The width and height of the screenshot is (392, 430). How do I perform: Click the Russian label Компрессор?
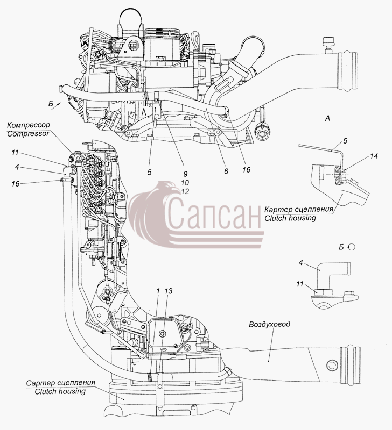(x=29, y=125)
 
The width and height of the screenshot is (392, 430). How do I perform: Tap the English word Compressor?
(x=29, y=133)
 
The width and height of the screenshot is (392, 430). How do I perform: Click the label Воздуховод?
(x=269, y=325)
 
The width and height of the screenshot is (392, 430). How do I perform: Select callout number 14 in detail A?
(x=374, y=156)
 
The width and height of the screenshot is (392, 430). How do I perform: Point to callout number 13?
(x=169, y=291)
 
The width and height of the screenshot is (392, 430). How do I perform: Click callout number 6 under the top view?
(x=226, y=171)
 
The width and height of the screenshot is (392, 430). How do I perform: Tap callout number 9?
(x=185, y=174)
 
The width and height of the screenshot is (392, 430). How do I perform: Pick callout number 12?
(x=185, y=191)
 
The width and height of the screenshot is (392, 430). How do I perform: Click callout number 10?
(x=185, y=183)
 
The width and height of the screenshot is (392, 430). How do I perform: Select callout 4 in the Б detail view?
(x=301, y=262)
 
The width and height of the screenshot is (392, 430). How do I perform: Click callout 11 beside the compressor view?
(x=15, y=153)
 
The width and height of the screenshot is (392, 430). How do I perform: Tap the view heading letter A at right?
(x=327, y=118)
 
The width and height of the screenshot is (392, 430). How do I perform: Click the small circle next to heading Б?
(x=351, y=247)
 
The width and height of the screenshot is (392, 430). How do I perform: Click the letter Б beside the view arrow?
(x=51, y=104)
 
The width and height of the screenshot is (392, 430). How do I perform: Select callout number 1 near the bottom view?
(x=158, y=291)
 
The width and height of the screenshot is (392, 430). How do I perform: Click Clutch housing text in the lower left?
(x=60, y=391)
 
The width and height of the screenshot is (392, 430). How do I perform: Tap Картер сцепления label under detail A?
(x=299, y=210)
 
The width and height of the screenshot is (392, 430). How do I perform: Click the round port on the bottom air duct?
(x=332, y=365)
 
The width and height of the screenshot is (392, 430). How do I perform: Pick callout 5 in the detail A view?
(x=345, y=141)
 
